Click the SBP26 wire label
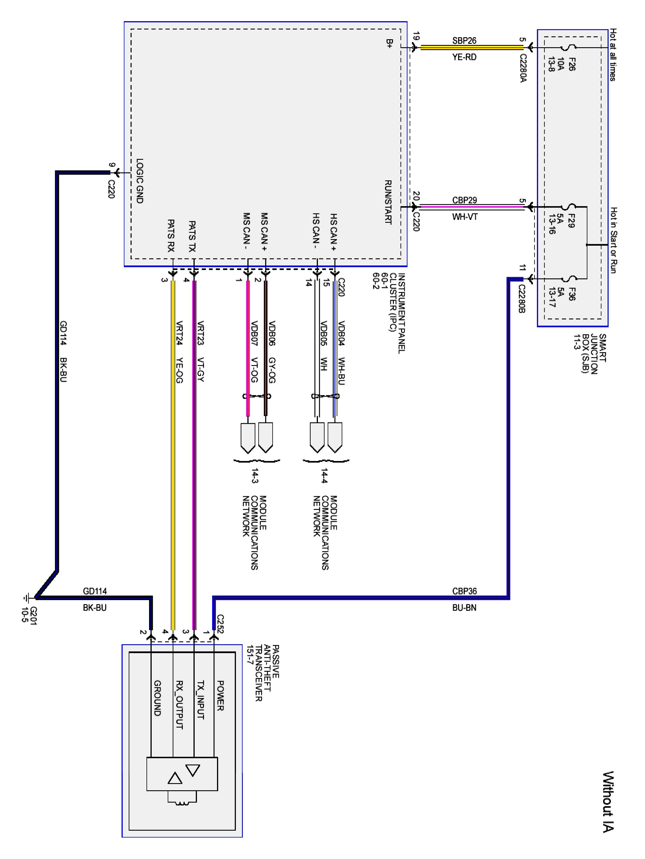[464, 41]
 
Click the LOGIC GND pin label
[140, 181]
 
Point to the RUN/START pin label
[388, 202]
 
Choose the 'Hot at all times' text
[613, 55]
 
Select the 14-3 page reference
[255, 476]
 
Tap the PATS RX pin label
[171, 236]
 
